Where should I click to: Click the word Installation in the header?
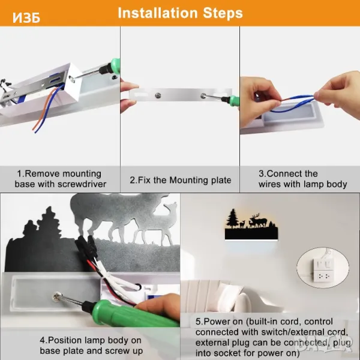(157, 13)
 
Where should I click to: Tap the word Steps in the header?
(223, 13)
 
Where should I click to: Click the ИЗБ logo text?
(26, 17)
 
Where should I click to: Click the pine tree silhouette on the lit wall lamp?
(232, 219)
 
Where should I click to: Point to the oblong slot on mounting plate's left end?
(138, 95)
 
